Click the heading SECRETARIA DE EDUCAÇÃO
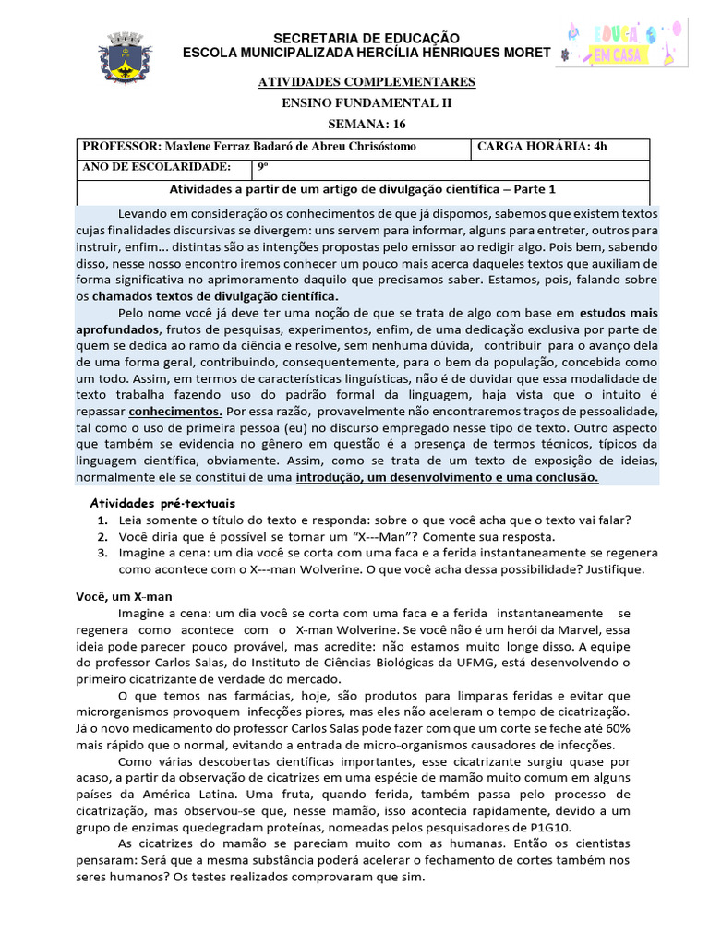click(367, 37)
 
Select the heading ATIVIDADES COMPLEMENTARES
click(367, 83)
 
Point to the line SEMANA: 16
click(367, 124)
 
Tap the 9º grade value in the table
click(262, 167)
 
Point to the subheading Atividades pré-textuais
click(162, 503)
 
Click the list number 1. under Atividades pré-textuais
click(102, 520)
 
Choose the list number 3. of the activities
click(102, 553)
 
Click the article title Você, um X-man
click(125, 597)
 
